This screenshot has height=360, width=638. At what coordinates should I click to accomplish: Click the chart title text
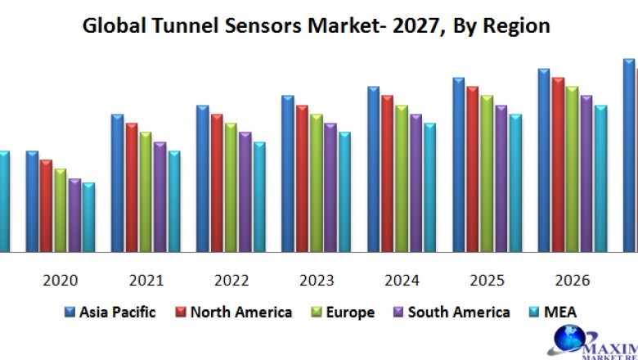click(317, 25)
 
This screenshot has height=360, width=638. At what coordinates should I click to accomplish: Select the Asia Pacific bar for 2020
click(32, 200)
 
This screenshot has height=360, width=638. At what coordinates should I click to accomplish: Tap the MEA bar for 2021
click(173, 200)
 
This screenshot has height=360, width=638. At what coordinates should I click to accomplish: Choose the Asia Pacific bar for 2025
click(458, 164)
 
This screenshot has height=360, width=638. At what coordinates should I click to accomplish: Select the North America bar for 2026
click(558, 164)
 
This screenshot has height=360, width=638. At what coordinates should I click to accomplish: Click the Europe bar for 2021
click(146, 191)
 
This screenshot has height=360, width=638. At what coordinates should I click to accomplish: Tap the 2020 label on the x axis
click(61, 281)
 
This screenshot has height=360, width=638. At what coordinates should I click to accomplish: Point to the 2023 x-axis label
click(317, 281)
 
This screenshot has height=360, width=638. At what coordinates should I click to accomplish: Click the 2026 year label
click(572, 281)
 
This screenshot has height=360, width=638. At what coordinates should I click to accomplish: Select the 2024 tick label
click(402, 281)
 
